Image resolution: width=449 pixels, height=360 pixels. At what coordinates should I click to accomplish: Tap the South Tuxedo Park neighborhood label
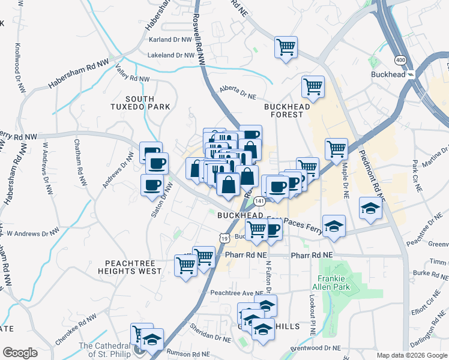[x=139, y=103]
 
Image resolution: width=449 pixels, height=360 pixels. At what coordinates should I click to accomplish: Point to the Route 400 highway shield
[x=400, y=60]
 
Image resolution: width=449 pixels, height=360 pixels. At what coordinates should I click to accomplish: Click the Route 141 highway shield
[x=259, y=201]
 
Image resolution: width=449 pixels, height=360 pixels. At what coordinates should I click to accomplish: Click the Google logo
[x=20, y=353]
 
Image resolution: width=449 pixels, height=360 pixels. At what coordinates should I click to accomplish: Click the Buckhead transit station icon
[x=411, y=74]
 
